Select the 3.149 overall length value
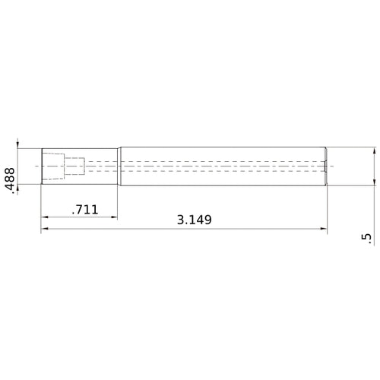point(194,220)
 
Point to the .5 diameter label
point(369,239)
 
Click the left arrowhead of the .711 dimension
point(45,217)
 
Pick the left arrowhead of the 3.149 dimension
point(45,228)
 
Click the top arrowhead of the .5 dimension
point(373,152)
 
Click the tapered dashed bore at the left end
point(52,166)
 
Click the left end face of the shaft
point(41,166)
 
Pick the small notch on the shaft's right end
point(325,166)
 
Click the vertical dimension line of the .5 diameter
point(373,166)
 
